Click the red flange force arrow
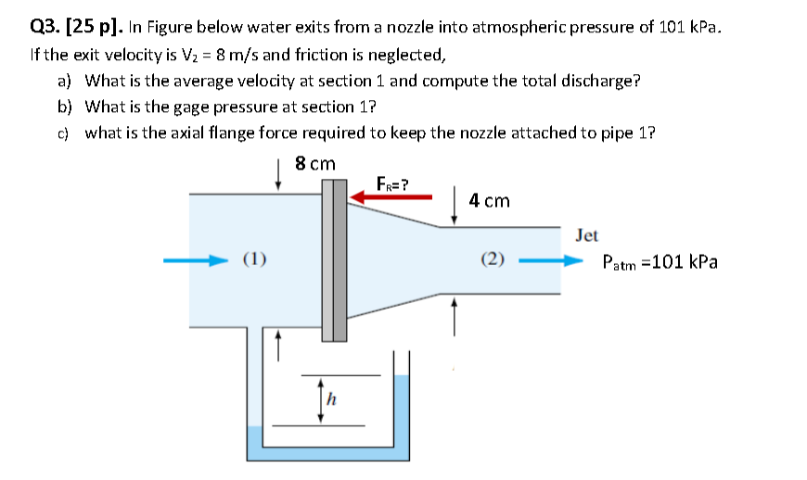point(390,196)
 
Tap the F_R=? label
point(393,182)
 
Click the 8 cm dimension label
point(314,164)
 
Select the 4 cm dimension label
point(489,200)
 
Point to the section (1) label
point(255,259)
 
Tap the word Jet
point(586,235)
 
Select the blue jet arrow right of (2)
point(554,260)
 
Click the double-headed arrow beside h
point(320,399)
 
